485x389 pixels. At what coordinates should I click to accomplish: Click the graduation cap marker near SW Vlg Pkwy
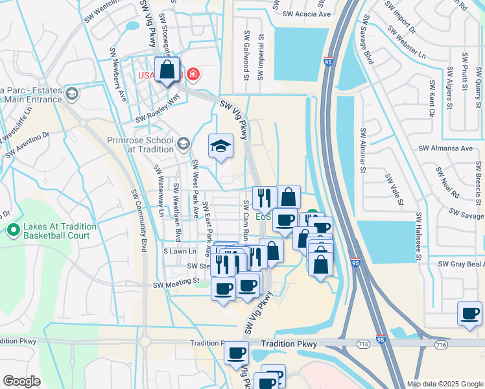220,146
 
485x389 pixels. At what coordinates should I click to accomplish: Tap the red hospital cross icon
193,75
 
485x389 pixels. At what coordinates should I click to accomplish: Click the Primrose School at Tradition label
141,144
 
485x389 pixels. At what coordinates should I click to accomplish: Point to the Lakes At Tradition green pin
13,230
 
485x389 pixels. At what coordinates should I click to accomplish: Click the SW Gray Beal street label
461,265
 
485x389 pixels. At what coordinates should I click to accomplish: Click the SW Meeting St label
176,282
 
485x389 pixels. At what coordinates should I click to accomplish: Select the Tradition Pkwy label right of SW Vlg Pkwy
289,345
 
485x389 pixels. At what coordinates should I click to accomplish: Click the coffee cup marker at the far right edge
469,314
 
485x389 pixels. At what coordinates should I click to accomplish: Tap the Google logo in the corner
21,381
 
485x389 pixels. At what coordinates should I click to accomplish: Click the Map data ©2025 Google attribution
445,384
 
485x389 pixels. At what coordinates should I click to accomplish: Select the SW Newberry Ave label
119,75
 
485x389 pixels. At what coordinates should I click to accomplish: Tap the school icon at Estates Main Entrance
71,94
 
